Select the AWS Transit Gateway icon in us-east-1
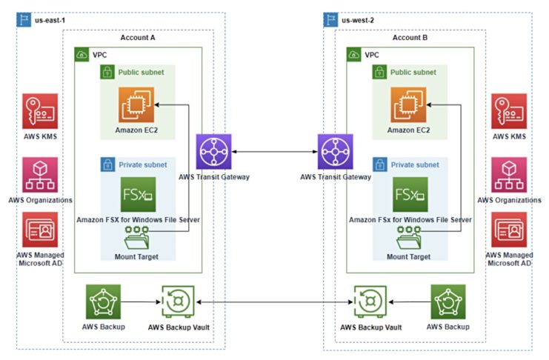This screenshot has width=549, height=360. pos(214,152)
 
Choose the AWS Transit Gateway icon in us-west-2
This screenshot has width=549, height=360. pos(335,152)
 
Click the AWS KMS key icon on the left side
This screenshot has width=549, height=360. pos(40,111)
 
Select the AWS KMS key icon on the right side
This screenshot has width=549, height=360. pos(508,111)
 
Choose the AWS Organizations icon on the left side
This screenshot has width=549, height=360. pos(40,175)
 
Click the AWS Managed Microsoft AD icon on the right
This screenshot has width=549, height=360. pos(508,231)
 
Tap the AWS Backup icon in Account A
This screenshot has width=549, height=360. pos(103,302)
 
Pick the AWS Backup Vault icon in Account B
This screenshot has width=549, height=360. pos(370,302)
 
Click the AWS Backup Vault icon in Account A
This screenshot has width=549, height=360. pos(177,302)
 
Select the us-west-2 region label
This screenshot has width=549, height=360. pos(358,20)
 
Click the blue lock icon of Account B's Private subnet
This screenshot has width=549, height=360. pos(380,164)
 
